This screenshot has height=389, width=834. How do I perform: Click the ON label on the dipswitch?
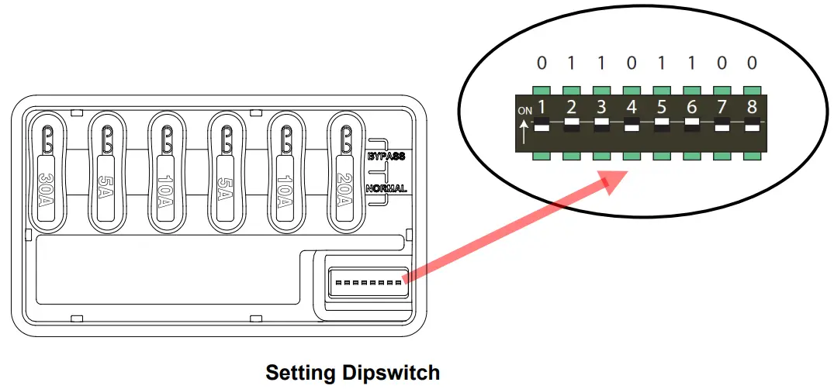[525, 111]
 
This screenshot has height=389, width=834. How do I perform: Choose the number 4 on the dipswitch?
[632, 107]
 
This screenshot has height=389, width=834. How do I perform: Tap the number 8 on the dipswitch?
[751, 107]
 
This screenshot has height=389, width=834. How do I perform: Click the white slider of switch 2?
[572, 122]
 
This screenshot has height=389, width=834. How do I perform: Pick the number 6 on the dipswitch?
[691, 107]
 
